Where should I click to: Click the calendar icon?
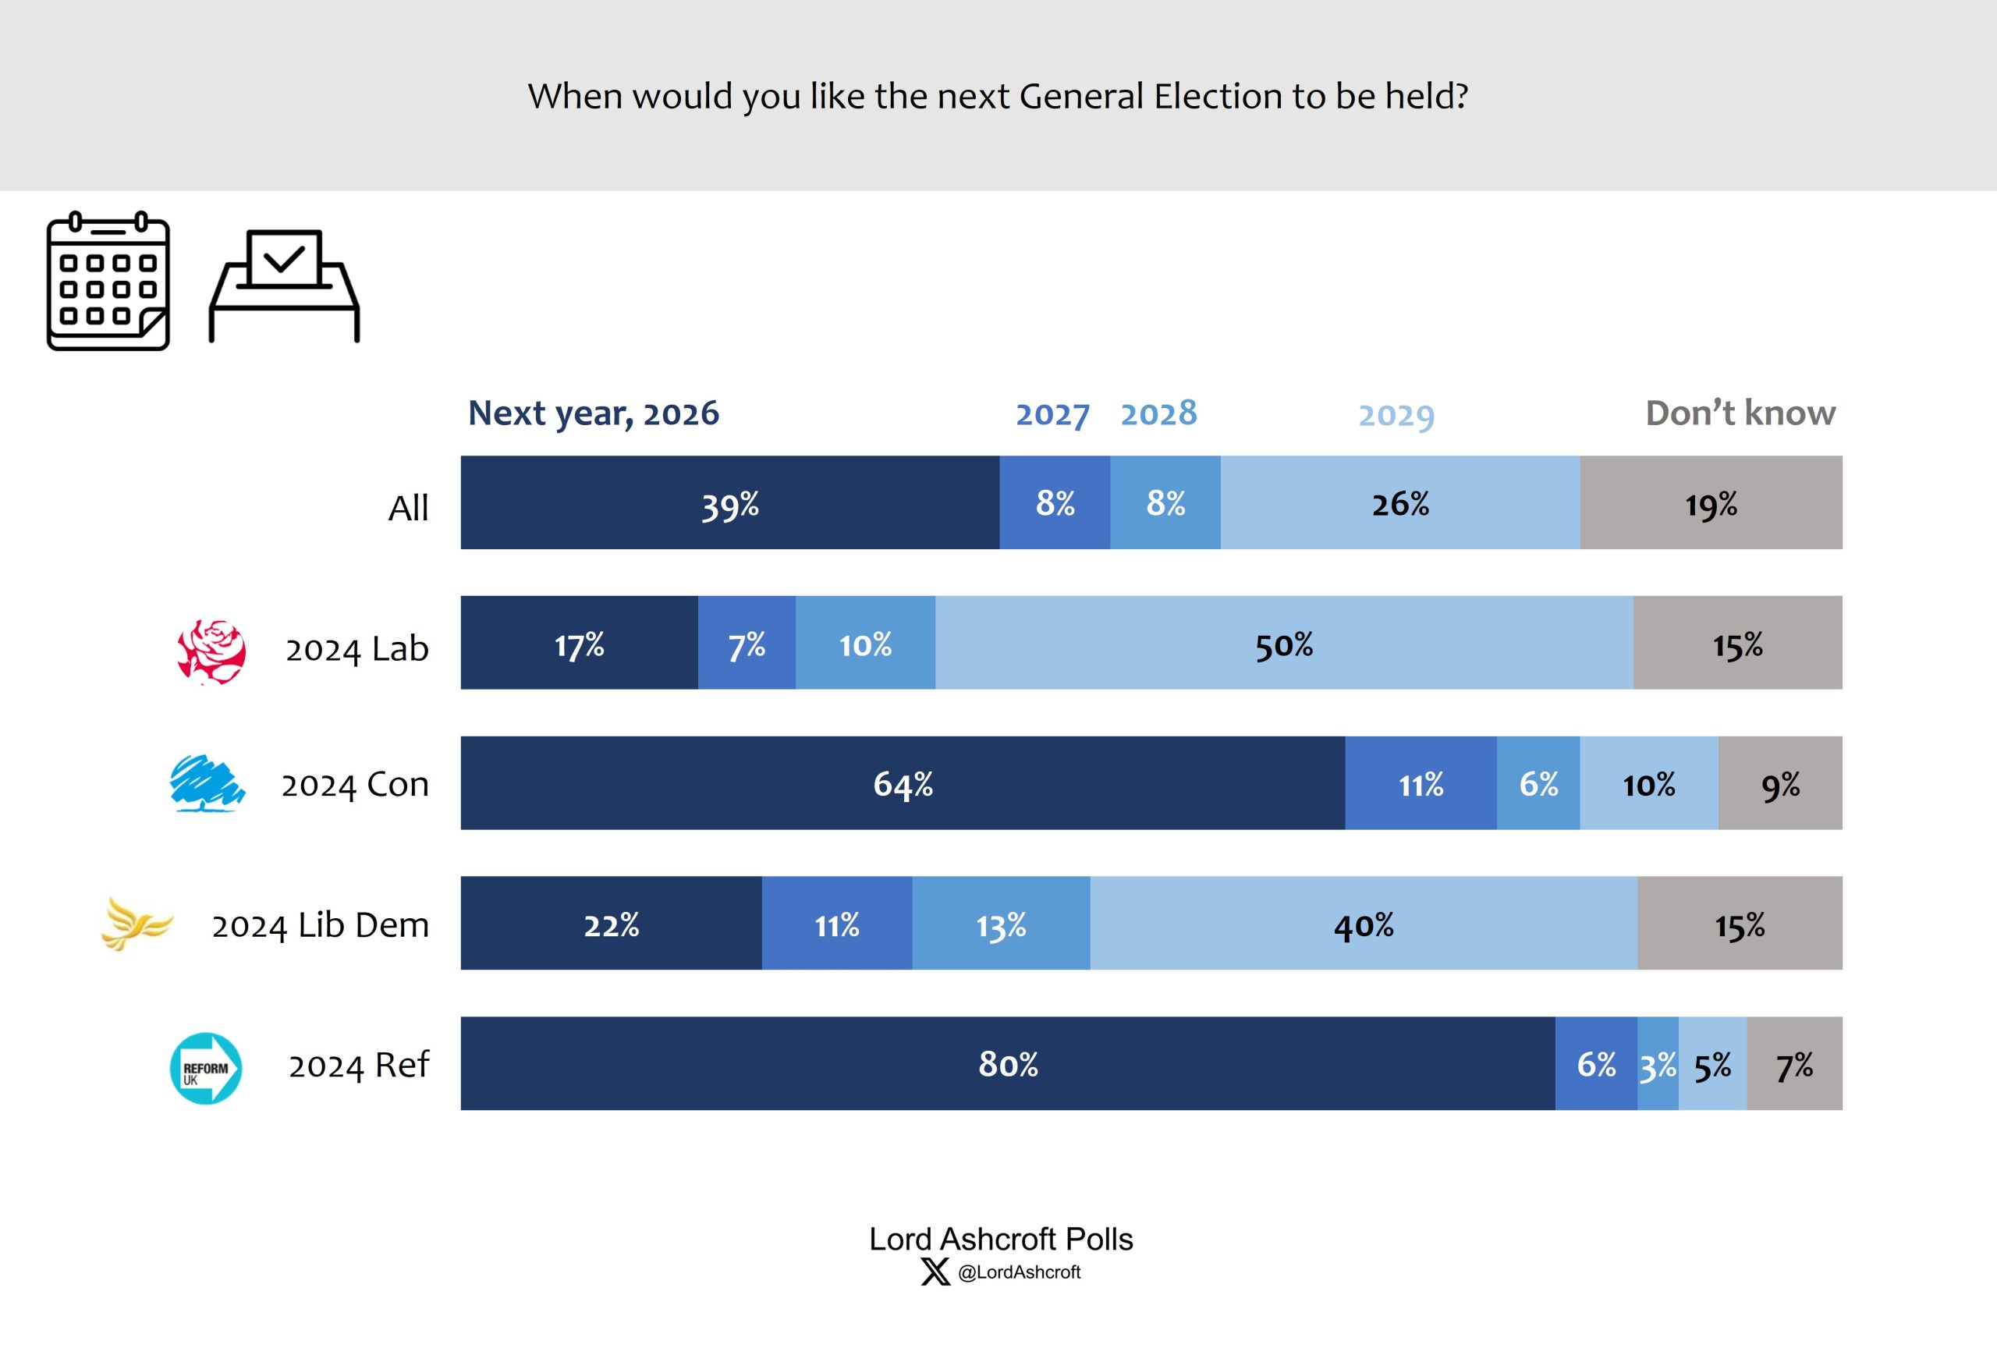(x=108, y=281)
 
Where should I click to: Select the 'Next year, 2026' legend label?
(x=593, y=413)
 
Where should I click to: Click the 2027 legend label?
(x=1052, y=414)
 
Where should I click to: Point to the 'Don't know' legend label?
(x=1740, y=413)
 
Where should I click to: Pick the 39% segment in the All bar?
(x=729, y=502)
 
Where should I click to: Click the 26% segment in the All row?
(x=1399, y=502)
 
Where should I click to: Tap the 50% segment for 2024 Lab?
(x=1284, y=643)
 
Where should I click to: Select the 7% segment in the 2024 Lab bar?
(x=746, y=643)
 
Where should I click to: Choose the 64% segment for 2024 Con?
(x=903, y=782)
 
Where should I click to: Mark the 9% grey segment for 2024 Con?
(x=1779, y=782)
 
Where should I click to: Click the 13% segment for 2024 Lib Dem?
(x=1001, y=924)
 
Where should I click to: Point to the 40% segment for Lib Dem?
(x=1364, y=924)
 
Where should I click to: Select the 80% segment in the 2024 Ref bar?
(x=1007, y=1063)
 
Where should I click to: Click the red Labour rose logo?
(x=211, y=651)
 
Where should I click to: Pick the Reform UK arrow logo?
(x=206, y=1068)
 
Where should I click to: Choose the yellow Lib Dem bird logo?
(x=137, y=924)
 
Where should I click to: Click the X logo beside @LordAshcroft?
(x=935, y=1272)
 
